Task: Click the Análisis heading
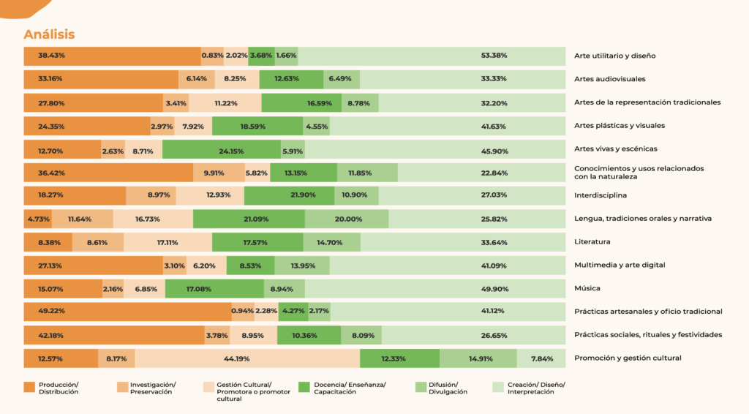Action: (49, 34)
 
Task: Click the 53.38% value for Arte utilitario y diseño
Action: (494, 56)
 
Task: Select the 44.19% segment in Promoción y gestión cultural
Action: (247, 358)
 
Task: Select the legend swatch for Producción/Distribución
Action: (29, 388)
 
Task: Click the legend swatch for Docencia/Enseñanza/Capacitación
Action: (304, 388)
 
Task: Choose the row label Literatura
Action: (592, 242)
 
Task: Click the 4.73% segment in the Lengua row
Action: (37, 219)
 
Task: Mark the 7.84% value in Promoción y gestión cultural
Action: (541, 358)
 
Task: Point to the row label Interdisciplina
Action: (601, 195)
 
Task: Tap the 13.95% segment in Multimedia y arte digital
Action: (302, 266)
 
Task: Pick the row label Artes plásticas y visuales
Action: (620, 126)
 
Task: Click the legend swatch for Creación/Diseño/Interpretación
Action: (497, 388)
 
